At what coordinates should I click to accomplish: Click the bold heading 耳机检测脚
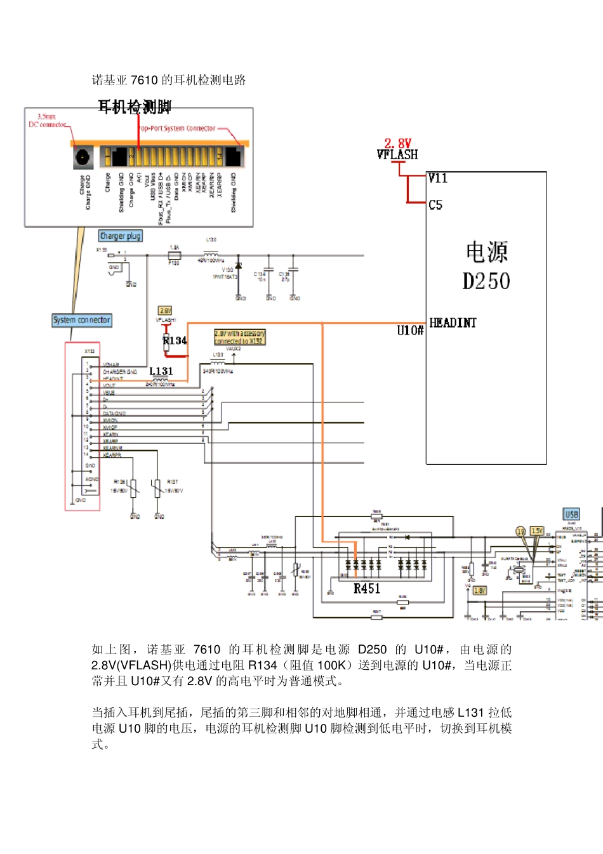(134, 107)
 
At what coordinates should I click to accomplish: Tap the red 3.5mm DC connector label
(47, 121)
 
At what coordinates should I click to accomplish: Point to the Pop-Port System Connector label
(177, 128)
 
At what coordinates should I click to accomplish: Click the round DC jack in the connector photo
(83, 157)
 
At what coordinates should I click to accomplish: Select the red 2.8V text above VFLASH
(398, 143)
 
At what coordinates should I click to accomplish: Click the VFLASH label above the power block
(397, 154)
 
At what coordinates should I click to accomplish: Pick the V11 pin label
(438, 178)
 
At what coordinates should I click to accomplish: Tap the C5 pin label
(435, 205)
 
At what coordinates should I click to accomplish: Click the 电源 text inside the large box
(486, 252)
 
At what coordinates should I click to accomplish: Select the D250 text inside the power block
(486, 281)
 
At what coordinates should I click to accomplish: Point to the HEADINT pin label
(453, 323)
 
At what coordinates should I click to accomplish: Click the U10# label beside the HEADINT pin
(410, 330)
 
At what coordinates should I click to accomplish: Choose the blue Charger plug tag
(121, 236)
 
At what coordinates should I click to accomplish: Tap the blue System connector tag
(82, 320)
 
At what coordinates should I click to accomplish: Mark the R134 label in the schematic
(175, 341)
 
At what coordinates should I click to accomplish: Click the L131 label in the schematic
(161, 371)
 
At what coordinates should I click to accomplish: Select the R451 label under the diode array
(367, 589)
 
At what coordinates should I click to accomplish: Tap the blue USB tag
(571, 514)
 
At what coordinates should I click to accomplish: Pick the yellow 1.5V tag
(537, 531)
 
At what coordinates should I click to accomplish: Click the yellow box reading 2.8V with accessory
(240, 337)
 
